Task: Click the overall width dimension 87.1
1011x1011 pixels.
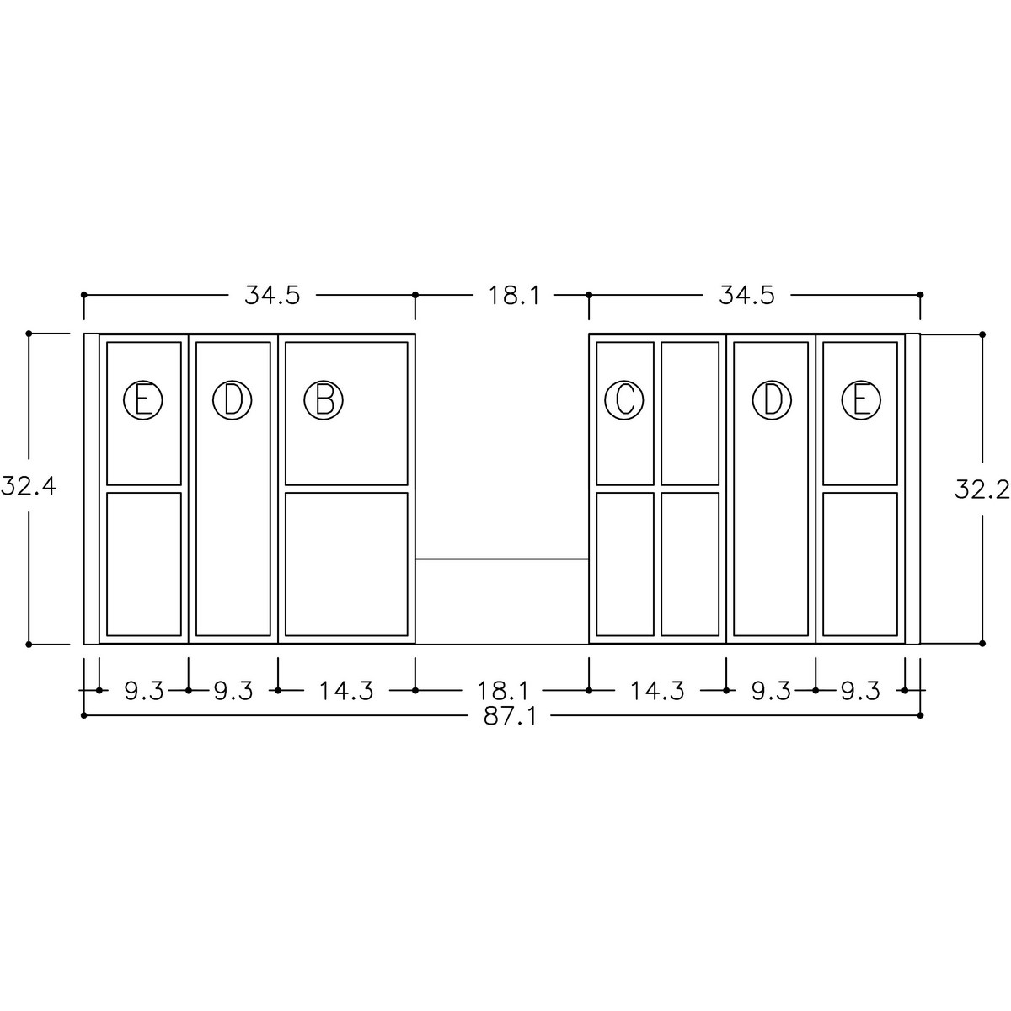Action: click(x=510, y=716)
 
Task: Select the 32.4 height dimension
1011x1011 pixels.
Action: click(x=29, y=488)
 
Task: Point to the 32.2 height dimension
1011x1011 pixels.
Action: click(x=982, y=490)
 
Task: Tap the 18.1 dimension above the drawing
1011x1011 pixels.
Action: click(x=514, y=296)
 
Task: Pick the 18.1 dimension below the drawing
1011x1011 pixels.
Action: click(x=503, y=691)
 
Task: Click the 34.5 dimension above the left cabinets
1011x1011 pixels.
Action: click(x=272, y=296)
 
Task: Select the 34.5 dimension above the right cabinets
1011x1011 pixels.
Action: click(x=746, y=296)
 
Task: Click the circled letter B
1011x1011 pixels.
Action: click(x=324, y=400)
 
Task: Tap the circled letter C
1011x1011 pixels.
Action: click(x=624, y=400)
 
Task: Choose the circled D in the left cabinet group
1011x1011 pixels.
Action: click(x=233, y=400)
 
